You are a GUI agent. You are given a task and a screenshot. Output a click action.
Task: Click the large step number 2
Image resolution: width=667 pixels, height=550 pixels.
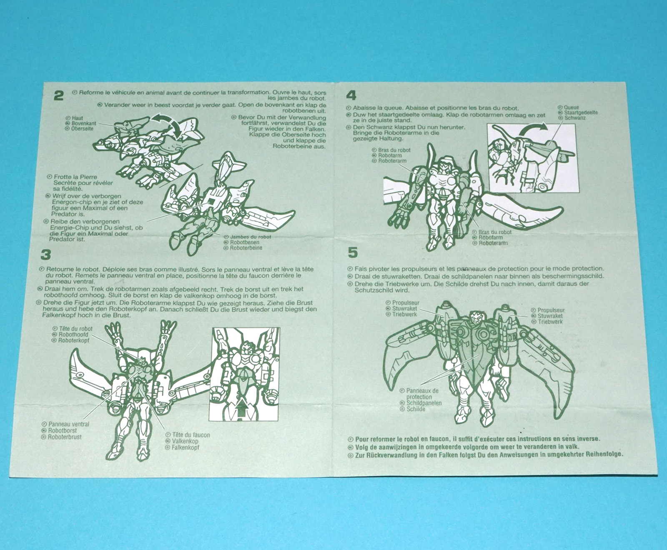[x=59, y=96]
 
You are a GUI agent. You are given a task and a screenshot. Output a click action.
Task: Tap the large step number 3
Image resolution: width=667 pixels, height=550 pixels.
[x=46, y=255]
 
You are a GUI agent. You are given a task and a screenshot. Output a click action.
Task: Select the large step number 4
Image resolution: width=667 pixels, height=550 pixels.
[x=351, y=95]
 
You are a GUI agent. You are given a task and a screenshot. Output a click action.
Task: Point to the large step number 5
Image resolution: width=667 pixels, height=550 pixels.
[x=353, y=252]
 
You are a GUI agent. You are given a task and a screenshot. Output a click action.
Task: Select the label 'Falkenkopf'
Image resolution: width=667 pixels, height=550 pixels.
[x=186, y=447]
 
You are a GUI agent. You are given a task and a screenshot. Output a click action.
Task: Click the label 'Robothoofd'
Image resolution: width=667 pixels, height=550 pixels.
[x=73, y=335]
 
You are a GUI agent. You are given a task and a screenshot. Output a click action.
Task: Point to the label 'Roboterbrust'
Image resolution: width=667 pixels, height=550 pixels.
[x=65, y=437]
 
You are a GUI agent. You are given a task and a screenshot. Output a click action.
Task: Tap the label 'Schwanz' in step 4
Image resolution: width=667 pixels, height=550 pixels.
[x=575, y=118]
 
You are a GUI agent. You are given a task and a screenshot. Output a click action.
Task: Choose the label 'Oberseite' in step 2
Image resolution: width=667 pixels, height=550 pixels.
[x=82, y=129]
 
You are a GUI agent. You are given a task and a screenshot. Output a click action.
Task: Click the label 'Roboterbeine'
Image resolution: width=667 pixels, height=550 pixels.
[x=246, y=248]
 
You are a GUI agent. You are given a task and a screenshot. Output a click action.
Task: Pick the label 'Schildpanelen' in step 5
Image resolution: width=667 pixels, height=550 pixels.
[x=424, y=403]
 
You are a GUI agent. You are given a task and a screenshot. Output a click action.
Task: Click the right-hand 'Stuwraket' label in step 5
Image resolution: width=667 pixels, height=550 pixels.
[x=550, y=316]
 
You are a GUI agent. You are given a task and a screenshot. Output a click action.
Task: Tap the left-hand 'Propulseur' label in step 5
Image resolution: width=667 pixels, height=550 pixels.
[x=406, y=303]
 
